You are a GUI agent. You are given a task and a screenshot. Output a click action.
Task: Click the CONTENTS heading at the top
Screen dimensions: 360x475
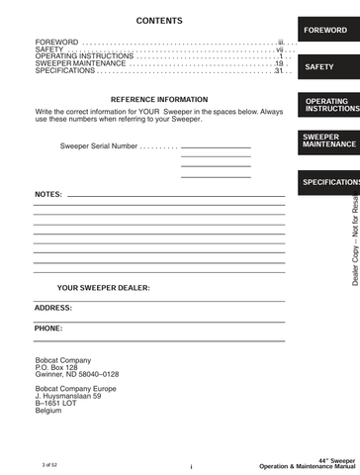click(158, 21)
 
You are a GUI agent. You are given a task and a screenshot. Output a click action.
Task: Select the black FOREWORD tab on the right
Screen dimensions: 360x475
click(324, 31)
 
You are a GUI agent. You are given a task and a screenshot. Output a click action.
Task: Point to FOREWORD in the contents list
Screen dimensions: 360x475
click(56, 43)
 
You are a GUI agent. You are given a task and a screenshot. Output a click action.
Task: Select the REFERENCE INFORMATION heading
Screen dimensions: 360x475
click(159, 100)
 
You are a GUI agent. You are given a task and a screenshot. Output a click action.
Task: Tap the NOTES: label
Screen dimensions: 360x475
click(48, 194)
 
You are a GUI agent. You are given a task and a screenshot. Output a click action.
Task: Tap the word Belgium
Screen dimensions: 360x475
click(48, 411)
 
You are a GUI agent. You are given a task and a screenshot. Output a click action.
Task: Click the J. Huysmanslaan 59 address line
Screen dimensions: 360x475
click(68, 396)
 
